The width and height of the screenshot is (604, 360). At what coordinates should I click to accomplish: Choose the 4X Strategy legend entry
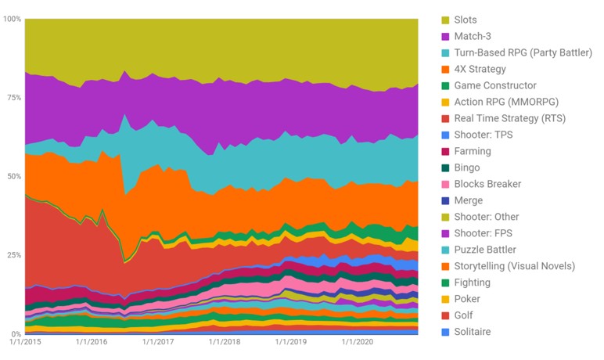(480, 69)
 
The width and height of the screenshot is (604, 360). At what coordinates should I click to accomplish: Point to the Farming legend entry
(473, 151)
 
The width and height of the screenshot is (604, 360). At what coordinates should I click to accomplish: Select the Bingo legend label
(467, 167)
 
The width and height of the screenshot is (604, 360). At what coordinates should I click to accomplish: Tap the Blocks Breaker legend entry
(487, 184)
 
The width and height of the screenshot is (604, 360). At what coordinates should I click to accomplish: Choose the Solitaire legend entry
(473, 332)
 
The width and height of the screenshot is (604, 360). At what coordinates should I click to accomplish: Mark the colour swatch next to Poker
(445, 299)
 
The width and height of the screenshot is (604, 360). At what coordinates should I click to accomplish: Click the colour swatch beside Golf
(445, 315)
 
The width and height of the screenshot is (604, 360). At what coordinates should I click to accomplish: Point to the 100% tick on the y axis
(13, 18)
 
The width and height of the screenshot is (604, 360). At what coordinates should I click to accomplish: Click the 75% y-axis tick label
(14, 97)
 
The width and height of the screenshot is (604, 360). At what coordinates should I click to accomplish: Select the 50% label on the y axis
(14, 176)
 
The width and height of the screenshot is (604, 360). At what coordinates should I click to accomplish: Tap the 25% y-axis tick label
(14, 255)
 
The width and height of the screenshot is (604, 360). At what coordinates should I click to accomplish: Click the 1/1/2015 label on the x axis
(25, 341)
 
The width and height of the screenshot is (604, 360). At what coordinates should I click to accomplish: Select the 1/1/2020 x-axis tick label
(358, 341)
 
